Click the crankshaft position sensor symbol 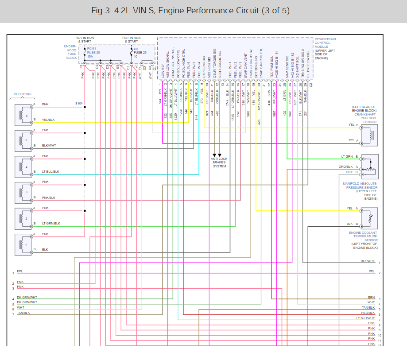[x=370, y=133]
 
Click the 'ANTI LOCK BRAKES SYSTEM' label [x=219, y=163]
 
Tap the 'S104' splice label [x=79, y=104]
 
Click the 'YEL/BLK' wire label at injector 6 [x=48, y=120]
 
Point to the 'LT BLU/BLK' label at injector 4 [x=50, y=171]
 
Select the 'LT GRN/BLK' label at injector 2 [x=51, y=224]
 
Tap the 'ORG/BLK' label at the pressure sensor [x=345, y=167]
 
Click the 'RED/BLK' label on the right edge [x=368, y=313]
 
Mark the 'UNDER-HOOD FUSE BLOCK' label [x=70, y=52]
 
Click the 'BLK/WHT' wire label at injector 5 [x=49, y=146]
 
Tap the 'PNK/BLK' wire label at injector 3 [x=49, y=197]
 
